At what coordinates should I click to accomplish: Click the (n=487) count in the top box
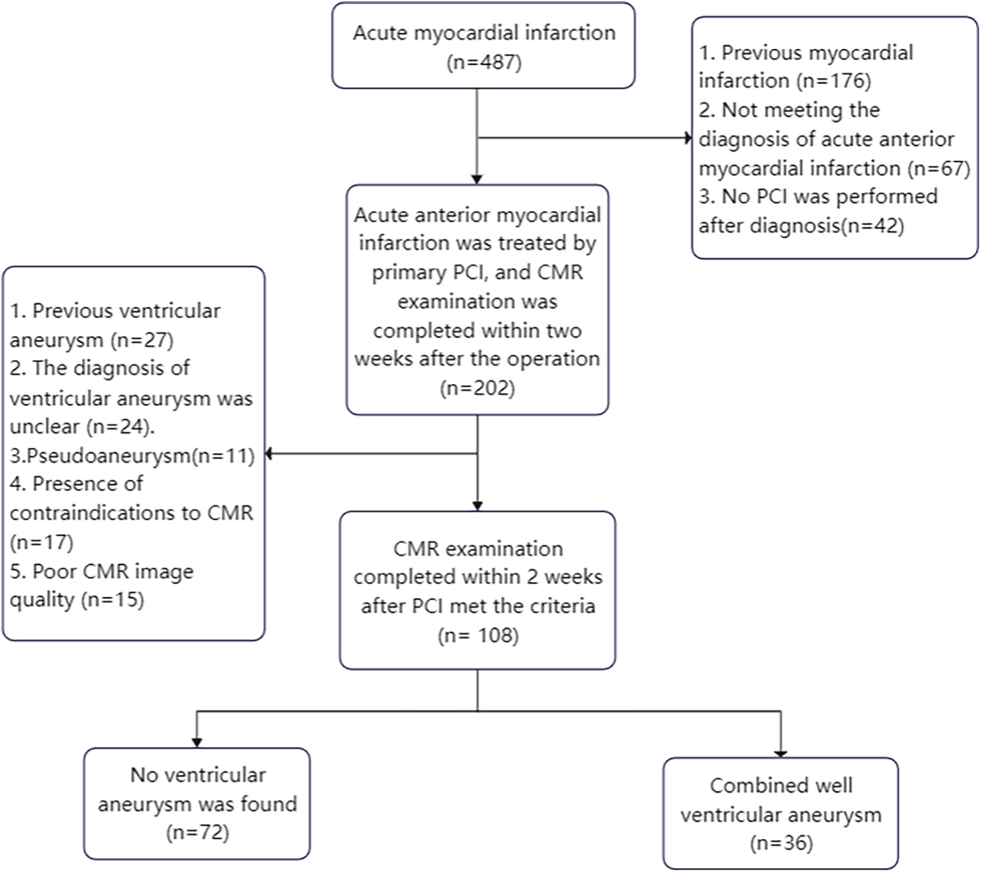(x=484, y=63)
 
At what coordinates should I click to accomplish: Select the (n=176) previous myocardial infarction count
(x=833, y=80)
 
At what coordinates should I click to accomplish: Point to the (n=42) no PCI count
(x=872, y=226)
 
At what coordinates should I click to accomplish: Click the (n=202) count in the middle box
(x=477, y=388)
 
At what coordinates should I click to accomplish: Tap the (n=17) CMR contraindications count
(x=41, y=542)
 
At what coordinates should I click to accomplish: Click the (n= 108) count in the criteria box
(x=478, y=635)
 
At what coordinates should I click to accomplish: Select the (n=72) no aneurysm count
(x=197, y=833)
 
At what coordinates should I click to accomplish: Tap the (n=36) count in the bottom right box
(x=781, y=844)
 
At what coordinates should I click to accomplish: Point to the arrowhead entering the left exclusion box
(x=269, y=454)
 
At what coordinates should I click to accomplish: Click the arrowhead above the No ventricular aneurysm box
(x=197, y=742)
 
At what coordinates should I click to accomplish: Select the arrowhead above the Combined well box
(x=781, y=752)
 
